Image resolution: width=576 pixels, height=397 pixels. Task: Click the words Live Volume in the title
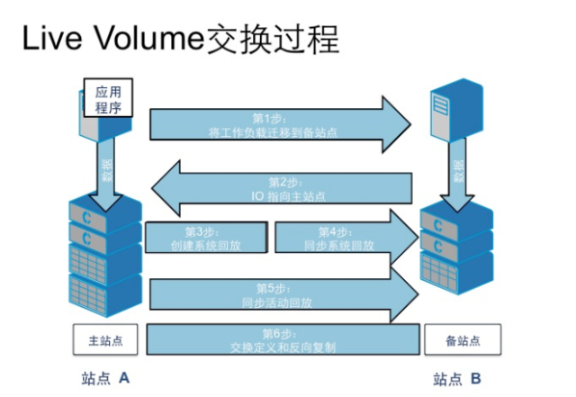[x=109, y=41]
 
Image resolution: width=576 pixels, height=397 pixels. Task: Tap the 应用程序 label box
[x=108, y=98]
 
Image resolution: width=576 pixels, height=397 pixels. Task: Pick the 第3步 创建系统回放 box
[x=205, y=237]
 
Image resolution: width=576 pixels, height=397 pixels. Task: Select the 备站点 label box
[x=463, y=341]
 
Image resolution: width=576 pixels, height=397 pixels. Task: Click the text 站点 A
[x=106, y=378]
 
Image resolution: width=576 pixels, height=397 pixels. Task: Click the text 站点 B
[x=458, y=378]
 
